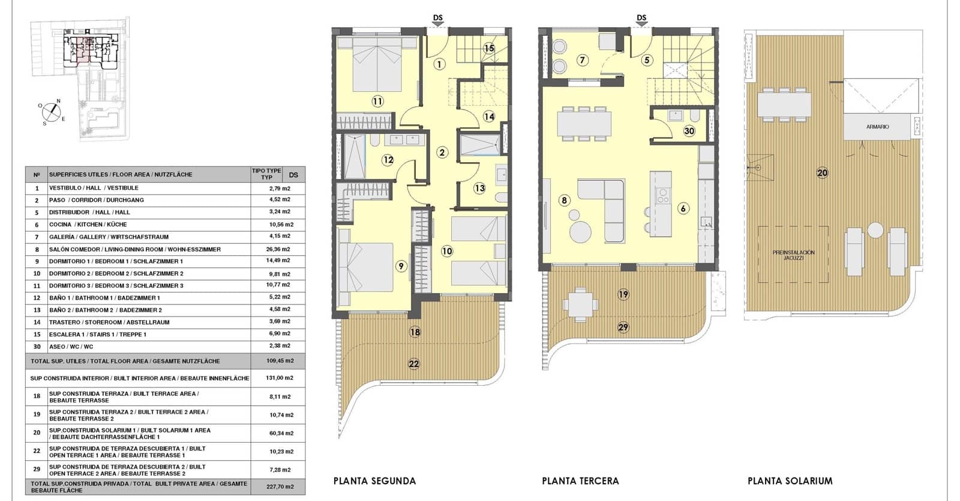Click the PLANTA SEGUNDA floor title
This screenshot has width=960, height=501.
point(374,481)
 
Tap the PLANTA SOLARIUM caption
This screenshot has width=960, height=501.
point(790,481)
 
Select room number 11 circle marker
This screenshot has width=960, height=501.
point(377,101)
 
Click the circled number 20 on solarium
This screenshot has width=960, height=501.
point(822,172)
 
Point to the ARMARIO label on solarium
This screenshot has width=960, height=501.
point(877,127)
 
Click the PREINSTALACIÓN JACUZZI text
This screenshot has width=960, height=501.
point(793,255)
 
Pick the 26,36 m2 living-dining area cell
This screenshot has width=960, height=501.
point(278,249)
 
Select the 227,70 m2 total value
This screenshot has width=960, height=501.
point(280,487)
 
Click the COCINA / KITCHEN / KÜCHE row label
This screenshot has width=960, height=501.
point(88,225)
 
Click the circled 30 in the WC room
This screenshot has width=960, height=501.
point(689,131)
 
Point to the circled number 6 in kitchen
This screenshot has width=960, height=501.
point(683,208)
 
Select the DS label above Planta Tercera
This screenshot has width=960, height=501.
point(641,17)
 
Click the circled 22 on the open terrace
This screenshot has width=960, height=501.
point(414,363)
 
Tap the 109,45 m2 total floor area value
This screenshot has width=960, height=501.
point(280,361)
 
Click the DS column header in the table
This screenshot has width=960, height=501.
point(293,175)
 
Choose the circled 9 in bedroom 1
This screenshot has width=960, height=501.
point(401,266)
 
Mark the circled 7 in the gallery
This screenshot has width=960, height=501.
point(582,60)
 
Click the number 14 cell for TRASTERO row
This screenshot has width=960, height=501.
point(37,322)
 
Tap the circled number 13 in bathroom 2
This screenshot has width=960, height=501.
point(479,188)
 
